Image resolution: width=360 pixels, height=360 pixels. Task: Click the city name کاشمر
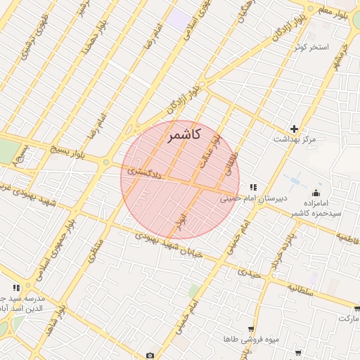click(185, 134)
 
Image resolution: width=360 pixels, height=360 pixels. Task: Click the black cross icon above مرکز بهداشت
click(294, 129)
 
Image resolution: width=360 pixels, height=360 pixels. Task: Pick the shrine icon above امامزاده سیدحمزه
click(316, 193)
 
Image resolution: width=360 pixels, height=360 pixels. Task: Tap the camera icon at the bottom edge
click(150, 355)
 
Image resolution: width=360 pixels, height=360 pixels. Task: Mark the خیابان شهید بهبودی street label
click(169, 245)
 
